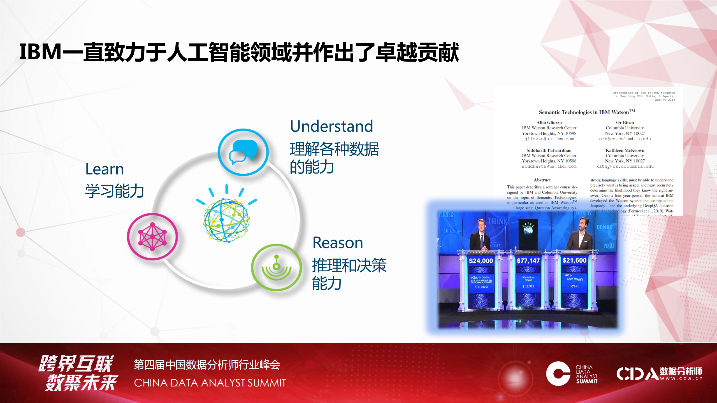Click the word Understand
tap(331, 126)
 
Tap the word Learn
tap(105, 169)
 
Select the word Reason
tap(338, 243)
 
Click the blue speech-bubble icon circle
tap(243, 152)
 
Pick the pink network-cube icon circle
tap(152, 237)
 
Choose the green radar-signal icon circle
tap(276, 267)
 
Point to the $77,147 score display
tap(528, 261)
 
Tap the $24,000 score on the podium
tap(481, 261)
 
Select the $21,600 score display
tap(574, 260)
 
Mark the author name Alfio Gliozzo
tap(549, 122)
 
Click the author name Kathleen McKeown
tap(625, 150)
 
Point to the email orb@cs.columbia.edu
tap(625, 139)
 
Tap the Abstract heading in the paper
tap(542, 180)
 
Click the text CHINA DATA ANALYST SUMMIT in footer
tap(210, 383)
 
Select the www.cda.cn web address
tap(681, 378)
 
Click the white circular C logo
tap(558, 373)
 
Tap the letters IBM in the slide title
tap(40, 52)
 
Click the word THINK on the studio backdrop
tap(497, 222)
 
